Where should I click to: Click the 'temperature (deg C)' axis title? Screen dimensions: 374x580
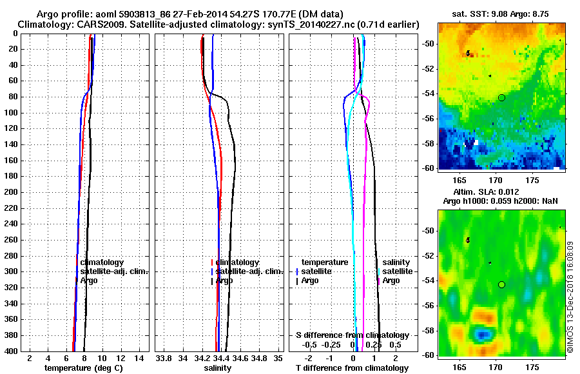[x=83, y=368]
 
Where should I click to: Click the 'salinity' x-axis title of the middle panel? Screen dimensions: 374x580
[x=218, y=368]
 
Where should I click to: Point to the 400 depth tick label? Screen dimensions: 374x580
[x=10, y=351]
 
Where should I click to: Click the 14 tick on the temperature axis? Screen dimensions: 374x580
[x=138, y=358]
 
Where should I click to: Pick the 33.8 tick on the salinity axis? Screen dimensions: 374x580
[x=164, y=358]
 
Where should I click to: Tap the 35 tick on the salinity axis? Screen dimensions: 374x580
[x=278, y=358]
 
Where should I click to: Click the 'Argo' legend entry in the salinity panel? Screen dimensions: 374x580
[x=224, y=280]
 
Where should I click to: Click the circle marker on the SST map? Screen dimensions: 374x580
[x=501, y=97]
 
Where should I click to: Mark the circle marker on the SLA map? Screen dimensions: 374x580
[x=501, y=284]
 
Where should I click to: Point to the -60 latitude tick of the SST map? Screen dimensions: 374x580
[x=429, y=168]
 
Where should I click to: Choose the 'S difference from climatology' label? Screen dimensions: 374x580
[x=353, y=335]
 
